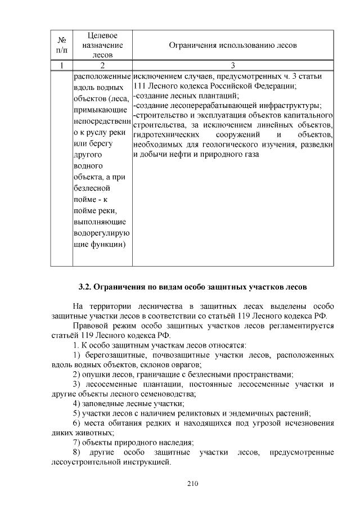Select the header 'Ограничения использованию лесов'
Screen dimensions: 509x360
pos(233,45)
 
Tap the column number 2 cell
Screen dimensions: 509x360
pos(102,66)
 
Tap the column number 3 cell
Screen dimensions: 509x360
pos(233,66)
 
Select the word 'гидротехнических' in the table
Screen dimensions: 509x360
pos(166,135)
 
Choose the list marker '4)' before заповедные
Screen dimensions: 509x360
pos(78,403)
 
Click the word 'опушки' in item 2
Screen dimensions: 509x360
pos(98,374)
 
